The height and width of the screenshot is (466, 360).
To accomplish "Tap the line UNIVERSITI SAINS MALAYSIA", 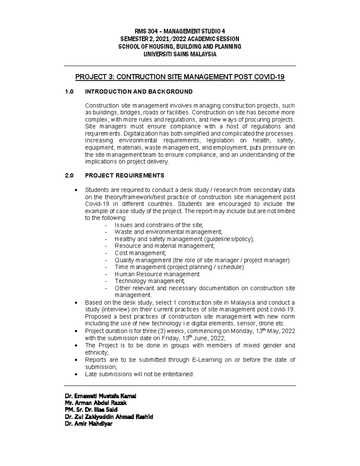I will pos(180,54).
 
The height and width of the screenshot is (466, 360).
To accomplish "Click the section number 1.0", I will pos(69,92).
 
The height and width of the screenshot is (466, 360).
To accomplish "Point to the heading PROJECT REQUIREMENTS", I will pos(124,176).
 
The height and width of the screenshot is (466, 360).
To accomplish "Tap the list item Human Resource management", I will pos(157,274).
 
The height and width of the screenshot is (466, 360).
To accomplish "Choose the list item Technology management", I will pos(150,281).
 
